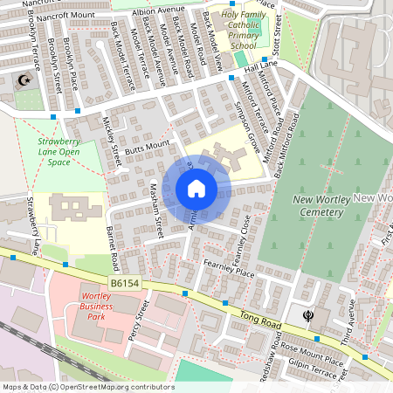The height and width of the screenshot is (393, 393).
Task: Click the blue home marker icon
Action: click(x=196, y=189)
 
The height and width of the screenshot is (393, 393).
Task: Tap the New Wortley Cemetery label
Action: click(x=322, y=208)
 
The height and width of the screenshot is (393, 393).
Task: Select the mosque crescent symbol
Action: click(x=22, y=81)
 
